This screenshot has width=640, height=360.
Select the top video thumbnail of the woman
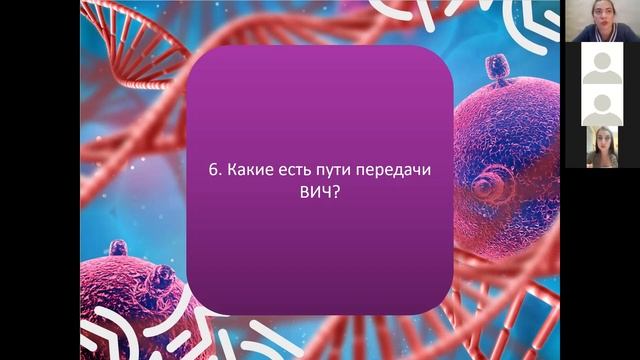(x=601, y=22)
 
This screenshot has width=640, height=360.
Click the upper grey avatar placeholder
(x=601, y=64)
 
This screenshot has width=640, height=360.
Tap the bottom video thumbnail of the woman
(x=601, y=147)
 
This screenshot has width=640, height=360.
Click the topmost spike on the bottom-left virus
(x=119, y=246)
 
